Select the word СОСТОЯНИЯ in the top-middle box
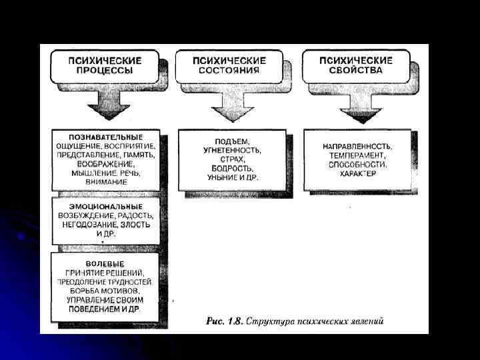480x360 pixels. pyautogui.click(x=230, y=69)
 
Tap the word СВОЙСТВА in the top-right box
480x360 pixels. pyautogui.click(x=356, y=69)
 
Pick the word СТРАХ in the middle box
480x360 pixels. pyautogui.click(x=231, y=160)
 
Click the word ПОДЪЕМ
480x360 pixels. pyautogui.click(x=231, y=142)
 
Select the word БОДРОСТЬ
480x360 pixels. pyautogui.click(x=231, y=169)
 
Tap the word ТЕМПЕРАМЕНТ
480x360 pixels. pyautogui.click(x=357, y=155)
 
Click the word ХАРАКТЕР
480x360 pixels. pyautogui.click(x=357, y=173)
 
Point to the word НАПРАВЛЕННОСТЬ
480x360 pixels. pyautogui.click(x=357, y=146)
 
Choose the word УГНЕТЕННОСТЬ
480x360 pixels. pyautogui.click(x=231, y=151)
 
